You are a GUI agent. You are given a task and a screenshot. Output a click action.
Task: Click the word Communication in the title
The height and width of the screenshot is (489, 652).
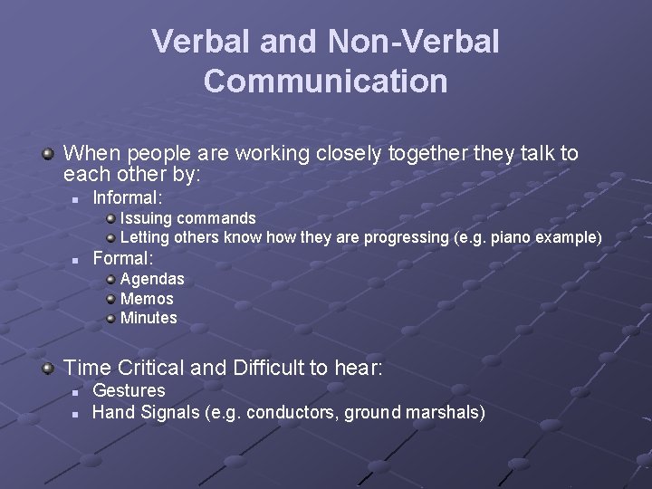click(x=325, y=81)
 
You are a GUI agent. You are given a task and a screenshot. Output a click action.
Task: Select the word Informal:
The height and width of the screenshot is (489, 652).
click(x=128, y=197)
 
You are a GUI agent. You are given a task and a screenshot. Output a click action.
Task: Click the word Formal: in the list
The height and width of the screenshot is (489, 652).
click(x=123, y=258)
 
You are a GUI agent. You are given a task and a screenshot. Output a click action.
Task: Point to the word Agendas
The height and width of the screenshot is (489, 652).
click(x=152, y=279)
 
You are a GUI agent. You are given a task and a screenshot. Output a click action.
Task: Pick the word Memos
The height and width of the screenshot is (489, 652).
click(x=147, y=299)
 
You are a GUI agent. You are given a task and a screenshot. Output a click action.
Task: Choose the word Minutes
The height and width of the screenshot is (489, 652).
click(x=149, y=318)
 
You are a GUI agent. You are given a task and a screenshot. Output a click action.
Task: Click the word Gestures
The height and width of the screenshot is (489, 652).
click(x=129, y=390)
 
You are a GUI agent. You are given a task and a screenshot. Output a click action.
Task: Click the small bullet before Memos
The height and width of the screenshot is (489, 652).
click(x=110, y=299)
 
